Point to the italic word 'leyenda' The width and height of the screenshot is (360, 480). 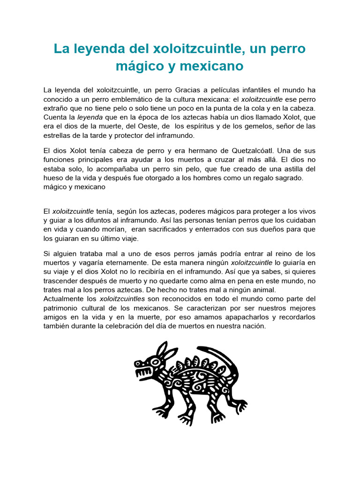point(89,117)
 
